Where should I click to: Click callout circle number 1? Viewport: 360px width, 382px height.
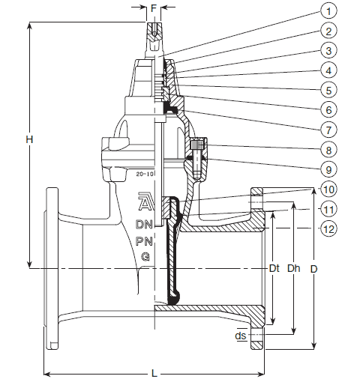(x=328, y=11)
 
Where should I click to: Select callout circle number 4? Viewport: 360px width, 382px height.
(x=328, y=70)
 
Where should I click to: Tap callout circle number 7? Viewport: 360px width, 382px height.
(x=328, y=130)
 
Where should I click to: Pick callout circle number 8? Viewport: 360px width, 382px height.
(x=328, y=150)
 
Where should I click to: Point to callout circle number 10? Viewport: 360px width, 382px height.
(x=328, y=190)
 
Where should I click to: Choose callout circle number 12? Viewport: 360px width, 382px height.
(x=328, y=228)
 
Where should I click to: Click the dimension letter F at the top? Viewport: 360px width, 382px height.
(x=154, y=8)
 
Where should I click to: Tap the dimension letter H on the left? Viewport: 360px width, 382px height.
(x=29, y=139)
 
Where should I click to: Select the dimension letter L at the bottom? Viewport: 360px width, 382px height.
(x=154, y=374)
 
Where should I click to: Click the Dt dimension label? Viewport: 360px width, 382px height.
(x=274, y=268)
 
